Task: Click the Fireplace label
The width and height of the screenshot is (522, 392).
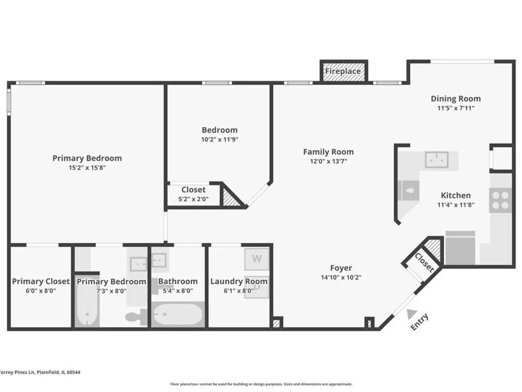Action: click(342, 71)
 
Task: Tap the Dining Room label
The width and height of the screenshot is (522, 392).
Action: click(456, 99)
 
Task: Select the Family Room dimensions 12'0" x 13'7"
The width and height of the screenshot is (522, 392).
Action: click(328, 162)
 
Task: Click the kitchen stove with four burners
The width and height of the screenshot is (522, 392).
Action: click(501, 200)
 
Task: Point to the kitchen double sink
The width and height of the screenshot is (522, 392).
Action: click(436, 159)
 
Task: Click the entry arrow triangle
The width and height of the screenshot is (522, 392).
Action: click(412, 314)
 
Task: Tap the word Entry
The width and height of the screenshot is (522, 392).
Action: click(420, 322)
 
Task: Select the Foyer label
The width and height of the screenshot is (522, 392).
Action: click(341, 268)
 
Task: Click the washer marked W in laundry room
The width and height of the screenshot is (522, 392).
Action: click(256, 259)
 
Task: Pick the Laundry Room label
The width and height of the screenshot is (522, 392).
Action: click(239, 281)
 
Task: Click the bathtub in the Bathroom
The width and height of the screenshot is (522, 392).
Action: click(178, 315)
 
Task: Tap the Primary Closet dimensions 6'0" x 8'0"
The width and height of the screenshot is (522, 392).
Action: click(41, 291)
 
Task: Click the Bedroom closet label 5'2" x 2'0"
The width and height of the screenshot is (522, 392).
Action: click(194, 199)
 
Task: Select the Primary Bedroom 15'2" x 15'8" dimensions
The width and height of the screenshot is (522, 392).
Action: click(87, 168)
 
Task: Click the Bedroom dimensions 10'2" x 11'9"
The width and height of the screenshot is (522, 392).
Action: click(220, 140)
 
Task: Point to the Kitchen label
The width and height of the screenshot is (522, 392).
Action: click(456, 195)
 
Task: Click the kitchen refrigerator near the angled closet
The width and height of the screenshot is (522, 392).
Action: click(460, 248)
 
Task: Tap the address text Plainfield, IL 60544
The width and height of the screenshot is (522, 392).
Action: click(58, 372)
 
